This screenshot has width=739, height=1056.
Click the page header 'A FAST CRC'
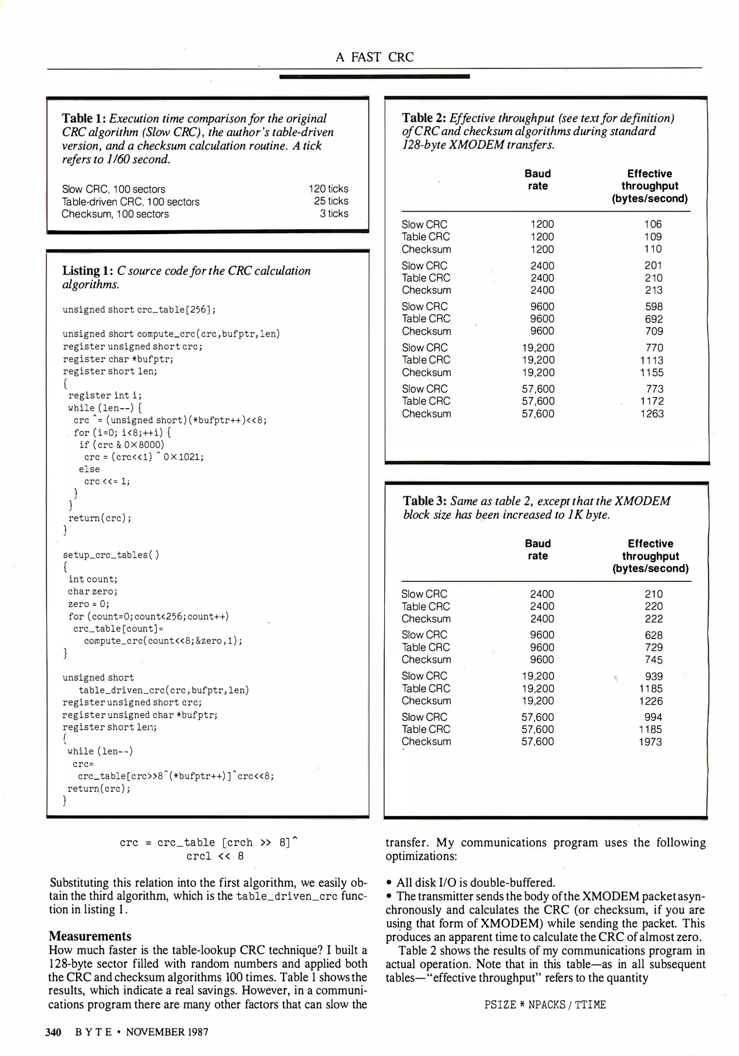click(374, 57)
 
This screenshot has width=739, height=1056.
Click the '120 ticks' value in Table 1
click(328, 189)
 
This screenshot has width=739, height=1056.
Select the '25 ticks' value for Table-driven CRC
click(331, 201)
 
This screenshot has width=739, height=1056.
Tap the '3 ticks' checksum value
click(334, 214)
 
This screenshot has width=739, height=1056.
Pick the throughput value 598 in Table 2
click(653, 307)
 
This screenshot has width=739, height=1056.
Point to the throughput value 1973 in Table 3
click(650, 742)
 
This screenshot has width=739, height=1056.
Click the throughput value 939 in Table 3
click(653, 676)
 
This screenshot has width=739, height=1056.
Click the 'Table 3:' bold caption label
click(425, 501)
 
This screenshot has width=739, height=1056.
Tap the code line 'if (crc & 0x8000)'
click(122, 444)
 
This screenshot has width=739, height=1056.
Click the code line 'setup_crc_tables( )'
click(110, 555)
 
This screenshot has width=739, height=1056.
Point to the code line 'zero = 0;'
click(88, 604)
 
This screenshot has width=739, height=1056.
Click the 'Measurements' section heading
click(90, 936)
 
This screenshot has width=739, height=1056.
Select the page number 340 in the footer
click(53, 1032)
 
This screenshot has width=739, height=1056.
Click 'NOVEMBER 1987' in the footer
click(167, 1032)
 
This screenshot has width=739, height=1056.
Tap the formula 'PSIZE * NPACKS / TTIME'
click(545, 1005)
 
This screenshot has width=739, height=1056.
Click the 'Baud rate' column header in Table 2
click(538, 180)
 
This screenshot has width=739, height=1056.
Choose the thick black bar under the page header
click(374, 76)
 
